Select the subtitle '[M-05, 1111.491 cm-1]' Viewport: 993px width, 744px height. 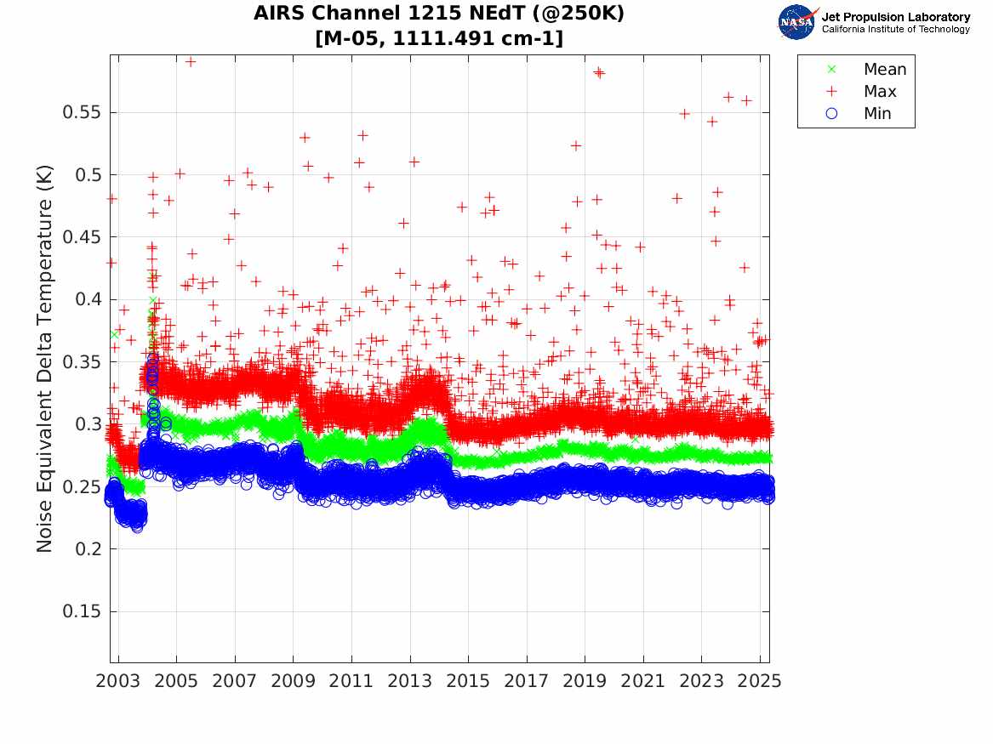click(x=439, y=38)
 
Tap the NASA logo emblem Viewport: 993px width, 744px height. click(x=798, y=22)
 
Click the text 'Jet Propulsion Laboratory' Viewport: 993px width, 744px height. click(x=896, y=17)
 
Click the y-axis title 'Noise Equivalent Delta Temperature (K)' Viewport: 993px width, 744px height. click(x=44, y=359)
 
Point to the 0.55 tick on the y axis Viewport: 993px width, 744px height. click(x=82, y=112)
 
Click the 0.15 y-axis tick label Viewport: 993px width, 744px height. click(x=82, y=611)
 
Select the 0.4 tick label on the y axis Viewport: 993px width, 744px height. click(x=88, y=299)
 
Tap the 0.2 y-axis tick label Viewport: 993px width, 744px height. click(x=88, y=548)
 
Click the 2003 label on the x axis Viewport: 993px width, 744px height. click(x=117, y=681)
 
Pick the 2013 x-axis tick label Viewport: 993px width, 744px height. click(x=410, y=681)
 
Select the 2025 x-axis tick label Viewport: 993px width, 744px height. click(x=760, y=681)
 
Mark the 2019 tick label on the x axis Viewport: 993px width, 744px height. click(x=585, y=681)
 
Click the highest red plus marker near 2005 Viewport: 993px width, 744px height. click(x=190, y=61)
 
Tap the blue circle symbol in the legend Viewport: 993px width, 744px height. click(x=831, y=113)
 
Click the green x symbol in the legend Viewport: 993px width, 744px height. click(x=831, y=69)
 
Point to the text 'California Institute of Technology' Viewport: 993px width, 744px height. click(x=896, y=29)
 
